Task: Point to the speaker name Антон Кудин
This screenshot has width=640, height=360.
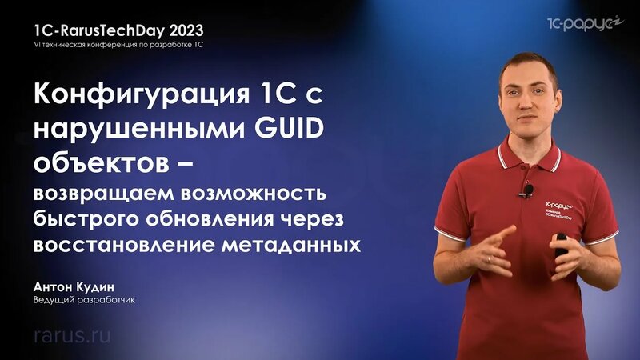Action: click(74, 286)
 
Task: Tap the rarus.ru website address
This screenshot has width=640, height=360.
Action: click(72, 334)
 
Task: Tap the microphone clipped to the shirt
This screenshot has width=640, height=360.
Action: click(528, 190)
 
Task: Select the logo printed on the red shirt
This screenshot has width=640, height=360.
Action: click(561, 207)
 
